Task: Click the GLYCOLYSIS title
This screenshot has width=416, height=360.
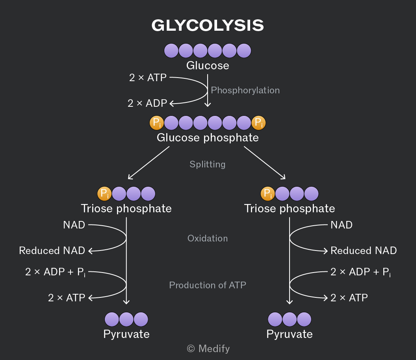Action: click(208, 26)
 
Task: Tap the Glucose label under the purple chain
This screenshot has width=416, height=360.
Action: click(208, 65)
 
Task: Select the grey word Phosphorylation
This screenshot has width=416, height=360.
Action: click(245, 90)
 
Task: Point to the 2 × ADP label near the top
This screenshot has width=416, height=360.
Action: click(147, 103)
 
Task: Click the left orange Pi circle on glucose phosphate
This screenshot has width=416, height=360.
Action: click(156, 123)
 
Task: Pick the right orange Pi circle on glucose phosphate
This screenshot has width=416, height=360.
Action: click(258, 123)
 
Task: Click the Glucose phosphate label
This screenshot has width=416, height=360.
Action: click(208, 138)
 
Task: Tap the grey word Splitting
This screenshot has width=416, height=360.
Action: click(208, 164)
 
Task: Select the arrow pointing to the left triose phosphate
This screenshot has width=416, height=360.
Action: click(149, 163)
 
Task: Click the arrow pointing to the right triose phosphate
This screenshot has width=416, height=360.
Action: click(265, 163)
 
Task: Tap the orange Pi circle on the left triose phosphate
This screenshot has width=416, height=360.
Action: click(104, 194)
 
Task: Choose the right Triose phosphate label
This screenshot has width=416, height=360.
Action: click(290, 208)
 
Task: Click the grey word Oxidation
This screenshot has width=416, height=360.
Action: click(208, 238)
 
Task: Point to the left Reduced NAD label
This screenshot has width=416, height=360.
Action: click(52, 251)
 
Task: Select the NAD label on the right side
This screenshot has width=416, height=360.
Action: click(342, 225)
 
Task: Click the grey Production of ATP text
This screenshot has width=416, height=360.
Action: click(208, 285)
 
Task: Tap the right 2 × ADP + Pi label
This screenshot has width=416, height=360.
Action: click(360, 272)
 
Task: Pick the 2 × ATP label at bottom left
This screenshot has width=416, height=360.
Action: click(67, 298)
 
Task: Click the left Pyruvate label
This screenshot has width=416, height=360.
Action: click(126, 334)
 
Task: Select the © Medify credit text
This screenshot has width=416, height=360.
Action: click(208, 349)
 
